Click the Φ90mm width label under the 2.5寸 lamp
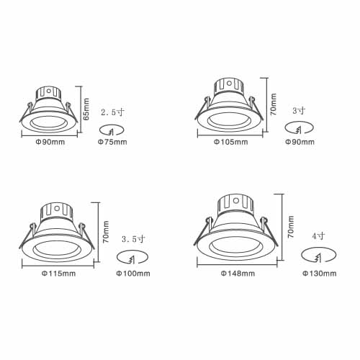(50, 142)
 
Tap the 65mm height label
(86, 109)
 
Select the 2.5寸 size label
(112, 112)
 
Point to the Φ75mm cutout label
(112, 142)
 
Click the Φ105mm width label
(231, 142)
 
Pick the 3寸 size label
(299, 111)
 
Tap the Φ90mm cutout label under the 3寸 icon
(300, 142)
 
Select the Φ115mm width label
(59, 274)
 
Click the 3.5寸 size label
(133, 239)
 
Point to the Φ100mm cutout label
(133, 274)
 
